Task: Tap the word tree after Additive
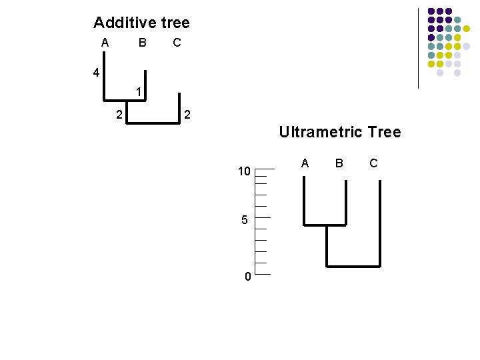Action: click(x=175, y=23)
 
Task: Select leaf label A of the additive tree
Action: click(x=105, y=43)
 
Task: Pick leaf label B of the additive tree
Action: click(x=142, y=43)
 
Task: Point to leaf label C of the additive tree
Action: click(x=177, y=43)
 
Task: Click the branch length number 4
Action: click(x=97, y=73)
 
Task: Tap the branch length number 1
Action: click(x=137, y=91)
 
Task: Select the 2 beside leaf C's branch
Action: click(x=187, y=115)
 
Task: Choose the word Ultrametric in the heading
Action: click(x=320, y=132)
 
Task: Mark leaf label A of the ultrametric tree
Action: click(x=305, y=163)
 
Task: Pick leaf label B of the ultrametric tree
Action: click(x=339, y=163)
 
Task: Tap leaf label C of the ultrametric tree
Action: click(x=373, y=163)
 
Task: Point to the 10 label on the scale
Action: click(x=244, y=172)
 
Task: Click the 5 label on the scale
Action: click(x=245, y=220)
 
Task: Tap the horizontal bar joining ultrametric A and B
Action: click(x=325, y=225)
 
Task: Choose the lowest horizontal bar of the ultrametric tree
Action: click(x=353, y=266)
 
